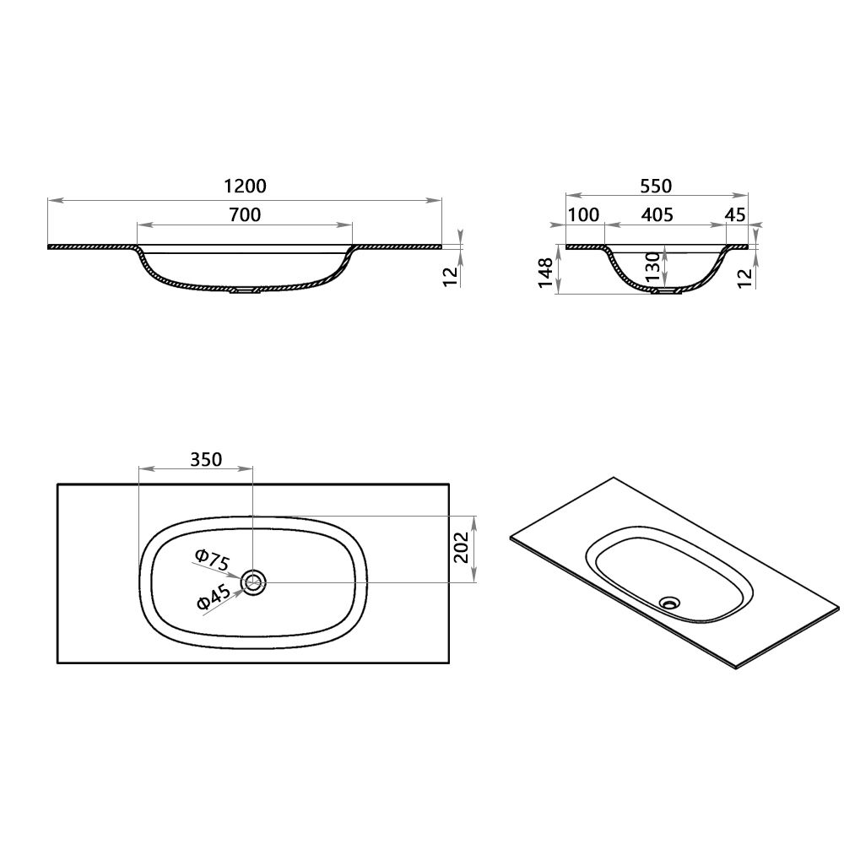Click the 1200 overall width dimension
[245, 186]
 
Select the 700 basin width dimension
[245, 214]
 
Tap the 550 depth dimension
[656, 186]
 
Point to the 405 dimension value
[657, 214]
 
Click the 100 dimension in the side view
[583, 214]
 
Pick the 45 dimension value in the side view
[735, 214]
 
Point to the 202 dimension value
[460, 549]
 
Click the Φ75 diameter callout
[212, 559]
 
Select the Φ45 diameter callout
[213, 598]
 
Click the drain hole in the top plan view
[253, 582]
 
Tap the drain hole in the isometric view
[671, 603]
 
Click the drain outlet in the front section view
[246, 290]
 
